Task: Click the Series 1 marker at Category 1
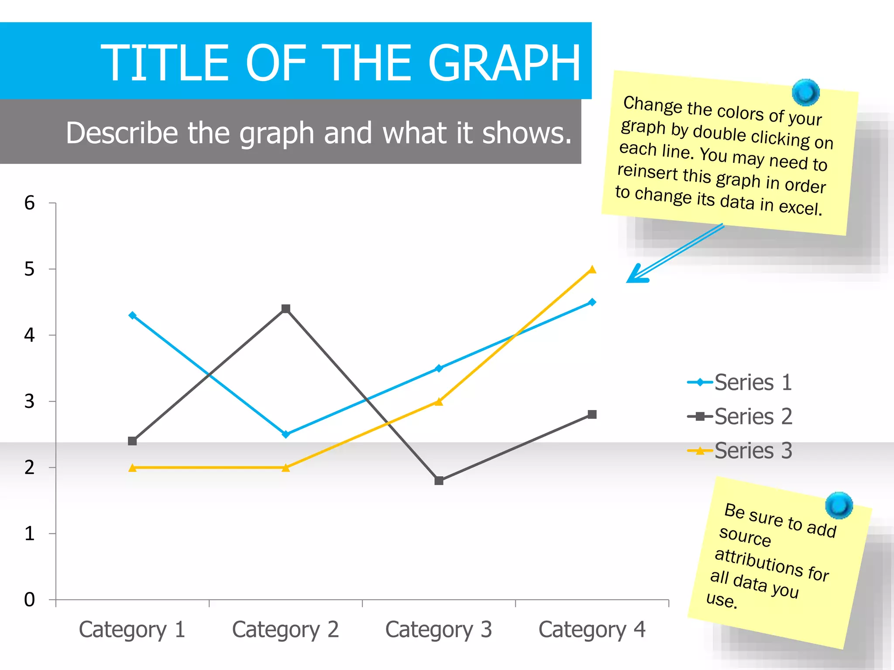(x=133, y=315)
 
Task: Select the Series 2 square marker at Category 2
(x=286, y=309)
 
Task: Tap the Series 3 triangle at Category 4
(x=592, y=270)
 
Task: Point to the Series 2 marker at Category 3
(x=439, y=481)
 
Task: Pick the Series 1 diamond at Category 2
(x=286, y=434)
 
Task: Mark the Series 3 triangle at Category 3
(x=439, y=402)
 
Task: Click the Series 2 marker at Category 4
(x=592, y=414)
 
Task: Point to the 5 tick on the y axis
(x=29, y=269)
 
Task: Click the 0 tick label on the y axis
(x=29, y=600)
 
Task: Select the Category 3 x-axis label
(x=439, y=630)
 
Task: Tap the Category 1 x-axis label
(x=132, y=630)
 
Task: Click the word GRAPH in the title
(x=505, y=63)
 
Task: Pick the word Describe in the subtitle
(x=122, y=133)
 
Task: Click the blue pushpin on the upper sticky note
(x=805, y=92)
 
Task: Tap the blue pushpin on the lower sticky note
(x=839, y=505)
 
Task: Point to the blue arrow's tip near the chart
(x=629, y=281)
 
